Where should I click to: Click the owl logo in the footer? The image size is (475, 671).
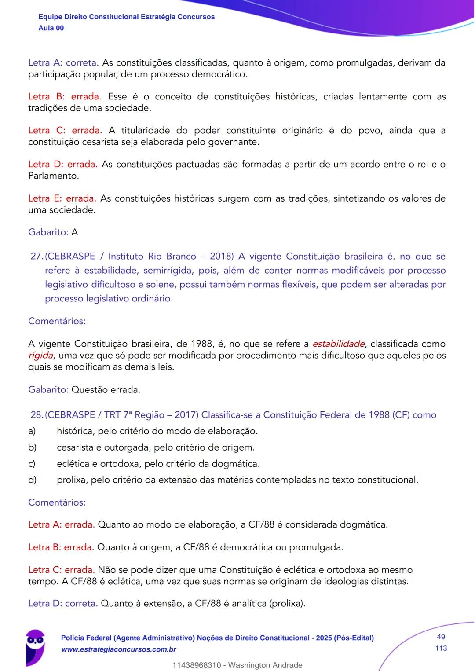click(x=35, y=646)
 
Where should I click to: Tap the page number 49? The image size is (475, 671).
click(x=441, y=637)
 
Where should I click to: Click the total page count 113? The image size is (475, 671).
click(x=441, y=648)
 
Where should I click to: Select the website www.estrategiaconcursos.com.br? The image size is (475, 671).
click(x=119, y=649)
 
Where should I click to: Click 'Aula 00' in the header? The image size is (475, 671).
click(x=51, y=28)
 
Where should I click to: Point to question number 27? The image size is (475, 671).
click(x=36, y=257)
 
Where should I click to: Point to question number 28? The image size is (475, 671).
click(x=36, y=415)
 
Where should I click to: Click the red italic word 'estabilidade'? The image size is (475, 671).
click(x=338, y=344)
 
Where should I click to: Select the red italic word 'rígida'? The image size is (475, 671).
click(x=40, y=355)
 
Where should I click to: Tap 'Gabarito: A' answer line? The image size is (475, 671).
click(x=53, y=232)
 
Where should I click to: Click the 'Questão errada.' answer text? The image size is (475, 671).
click(x=106, y=390)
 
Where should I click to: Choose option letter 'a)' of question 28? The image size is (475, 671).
click(x=32, y=431)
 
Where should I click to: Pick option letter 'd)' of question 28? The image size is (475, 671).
click(x=32, y=480)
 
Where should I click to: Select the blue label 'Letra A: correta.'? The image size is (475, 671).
click(x=63, y=63)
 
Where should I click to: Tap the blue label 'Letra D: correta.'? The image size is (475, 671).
click(x=63, y=604)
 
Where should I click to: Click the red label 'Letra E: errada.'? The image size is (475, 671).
click(x=62, y=198)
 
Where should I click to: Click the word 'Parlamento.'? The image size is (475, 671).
click(x=54, y=176)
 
